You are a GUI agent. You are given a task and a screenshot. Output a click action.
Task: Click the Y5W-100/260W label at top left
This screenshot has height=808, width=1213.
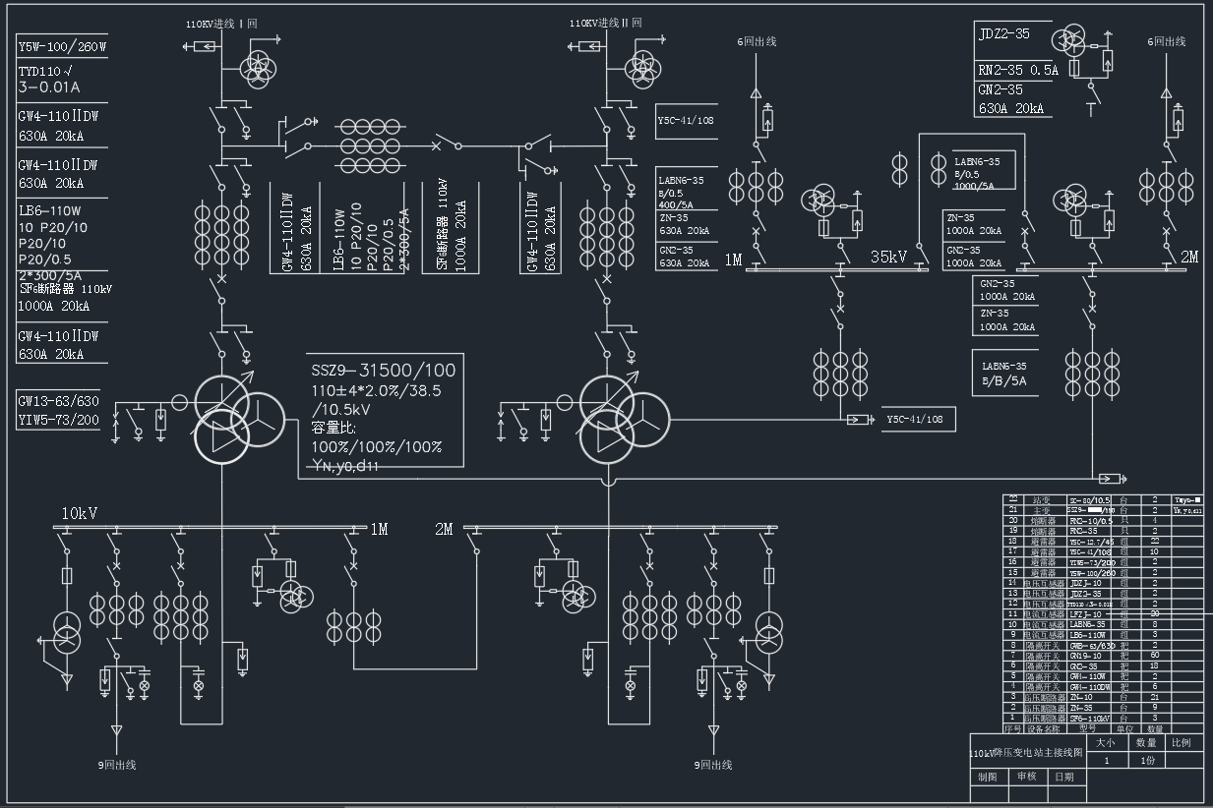62,46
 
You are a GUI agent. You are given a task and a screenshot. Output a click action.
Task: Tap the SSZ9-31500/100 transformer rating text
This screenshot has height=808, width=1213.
384,371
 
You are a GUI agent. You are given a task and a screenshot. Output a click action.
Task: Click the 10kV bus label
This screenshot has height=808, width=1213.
80,513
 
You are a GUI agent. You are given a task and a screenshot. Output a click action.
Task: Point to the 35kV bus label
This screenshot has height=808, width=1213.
888,258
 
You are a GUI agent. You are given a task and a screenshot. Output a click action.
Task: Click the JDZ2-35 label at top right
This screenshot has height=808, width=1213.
1004,33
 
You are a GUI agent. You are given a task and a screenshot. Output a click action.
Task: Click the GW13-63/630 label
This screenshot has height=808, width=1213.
58,401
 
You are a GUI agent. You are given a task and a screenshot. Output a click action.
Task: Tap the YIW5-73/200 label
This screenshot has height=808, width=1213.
58,420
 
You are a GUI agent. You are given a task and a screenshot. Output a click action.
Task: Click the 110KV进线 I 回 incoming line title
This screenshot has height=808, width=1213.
221,23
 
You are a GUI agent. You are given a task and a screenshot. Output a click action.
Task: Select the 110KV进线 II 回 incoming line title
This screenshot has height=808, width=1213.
605,23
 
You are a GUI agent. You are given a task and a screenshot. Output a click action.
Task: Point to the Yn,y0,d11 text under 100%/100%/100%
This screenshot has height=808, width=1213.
345,466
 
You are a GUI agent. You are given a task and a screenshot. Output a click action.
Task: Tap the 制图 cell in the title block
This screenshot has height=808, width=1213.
987,777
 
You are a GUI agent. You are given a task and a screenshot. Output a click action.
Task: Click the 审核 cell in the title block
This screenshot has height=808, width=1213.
1026,777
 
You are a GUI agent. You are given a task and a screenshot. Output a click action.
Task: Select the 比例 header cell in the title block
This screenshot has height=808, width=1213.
1181,743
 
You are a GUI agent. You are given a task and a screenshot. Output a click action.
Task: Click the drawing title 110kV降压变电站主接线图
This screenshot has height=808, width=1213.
1026,753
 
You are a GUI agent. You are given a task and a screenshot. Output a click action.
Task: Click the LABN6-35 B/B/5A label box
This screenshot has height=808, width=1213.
1005,374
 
